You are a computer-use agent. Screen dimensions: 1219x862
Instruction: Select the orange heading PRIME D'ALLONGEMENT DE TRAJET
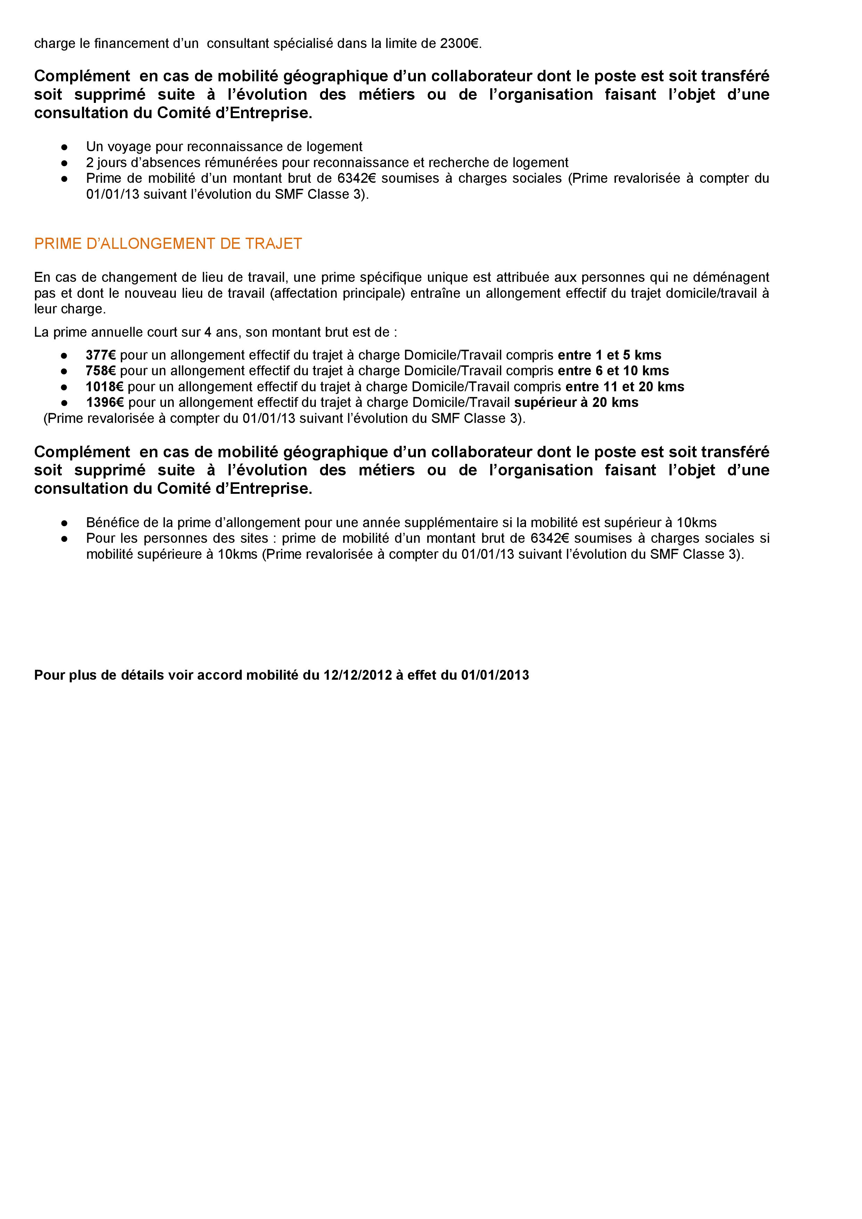[x=168, y=244]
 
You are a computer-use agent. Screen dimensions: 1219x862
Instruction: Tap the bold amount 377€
[x=100, y=355]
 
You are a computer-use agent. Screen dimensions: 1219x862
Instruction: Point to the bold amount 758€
[x=100, y=370]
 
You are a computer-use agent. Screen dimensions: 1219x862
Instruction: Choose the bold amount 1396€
[x=105, y=402]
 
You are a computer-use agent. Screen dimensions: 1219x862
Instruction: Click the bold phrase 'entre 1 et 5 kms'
[x=609, y=355]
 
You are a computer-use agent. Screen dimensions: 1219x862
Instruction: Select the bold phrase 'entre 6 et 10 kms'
[x=613, y=370]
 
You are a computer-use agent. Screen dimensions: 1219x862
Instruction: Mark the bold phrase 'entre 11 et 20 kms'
[x=625, y=386]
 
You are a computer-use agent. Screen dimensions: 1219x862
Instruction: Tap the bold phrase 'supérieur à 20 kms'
[x=576, y=402]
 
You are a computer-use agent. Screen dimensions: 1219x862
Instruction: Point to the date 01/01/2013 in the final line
[x=495, y=675]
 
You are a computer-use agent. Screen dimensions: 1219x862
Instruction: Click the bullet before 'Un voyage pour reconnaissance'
[x=64, y=147]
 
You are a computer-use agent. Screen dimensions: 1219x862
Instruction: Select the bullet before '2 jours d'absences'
[x=64, y=163]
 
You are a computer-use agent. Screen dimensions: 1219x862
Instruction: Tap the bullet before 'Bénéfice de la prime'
[x=64, y=522]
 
